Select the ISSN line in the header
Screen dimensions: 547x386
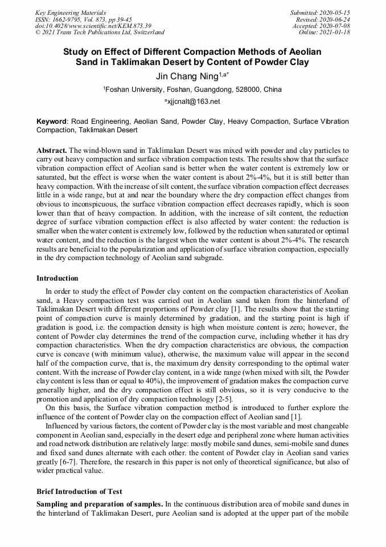(x=83, y=19)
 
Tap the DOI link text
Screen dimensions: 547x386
(x=93, y=26)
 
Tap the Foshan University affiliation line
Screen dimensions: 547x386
(x=192, y=90)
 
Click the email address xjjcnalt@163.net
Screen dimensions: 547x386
(x=192, y=102)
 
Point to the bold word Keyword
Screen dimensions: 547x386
(x=52, y=121)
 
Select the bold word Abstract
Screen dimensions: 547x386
(x=51, y=149)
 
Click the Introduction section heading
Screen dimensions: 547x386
(x=58, y=278)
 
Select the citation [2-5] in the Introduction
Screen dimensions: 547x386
(x=221, y=399)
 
